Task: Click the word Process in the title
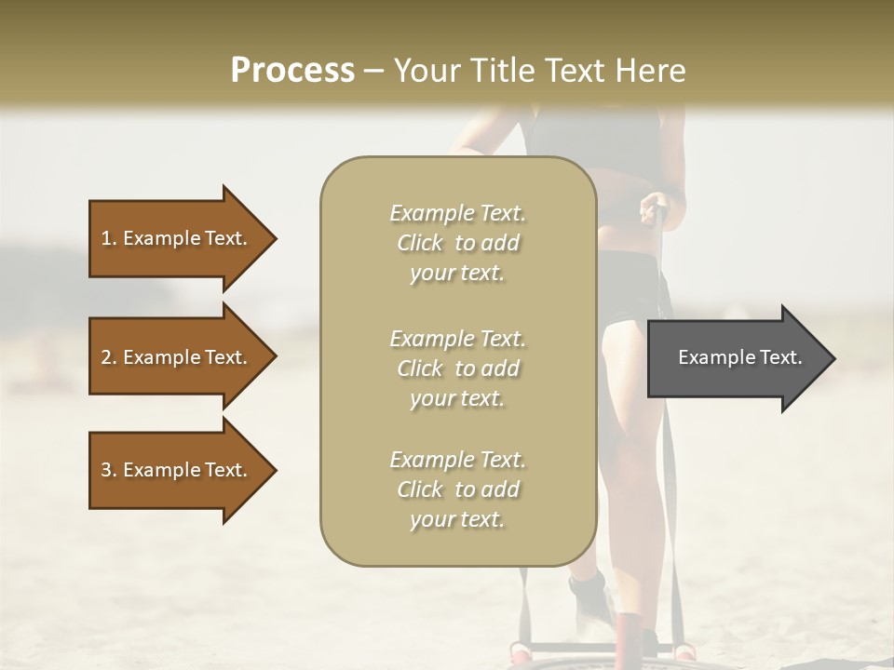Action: [292, 71]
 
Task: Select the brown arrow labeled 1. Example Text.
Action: [177, 238]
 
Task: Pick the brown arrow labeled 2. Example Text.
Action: [177, 357]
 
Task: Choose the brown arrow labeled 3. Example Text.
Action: [177, 470]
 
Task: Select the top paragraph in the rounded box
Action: [457, 243]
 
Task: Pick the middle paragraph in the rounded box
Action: [457, 368]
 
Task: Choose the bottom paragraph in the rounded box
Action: [457, 489]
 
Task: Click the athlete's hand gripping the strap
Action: [655, 206]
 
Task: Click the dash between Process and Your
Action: [373, 71]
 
